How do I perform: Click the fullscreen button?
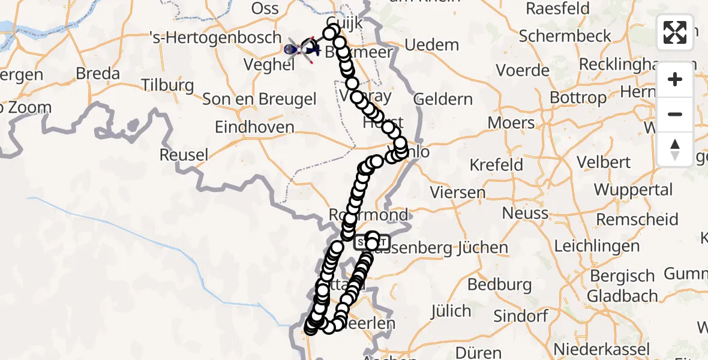675,32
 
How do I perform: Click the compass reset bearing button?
675,149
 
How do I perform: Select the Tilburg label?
167,85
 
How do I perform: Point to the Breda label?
98,74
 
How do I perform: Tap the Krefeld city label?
496,164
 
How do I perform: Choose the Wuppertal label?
633,190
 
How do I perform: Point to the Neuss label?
525,213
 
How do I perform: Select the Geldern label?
443,99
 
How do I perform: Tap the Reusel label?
184,155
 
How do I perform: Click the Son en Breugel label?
259,99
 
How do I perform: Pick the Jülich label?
451,311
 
